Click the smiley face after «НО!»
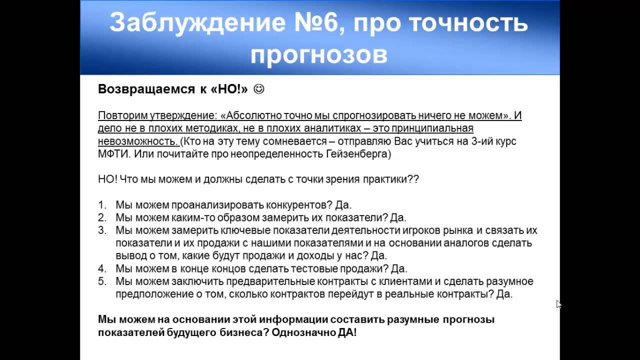click(259, 89)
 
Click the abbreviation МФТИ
click(114, 154)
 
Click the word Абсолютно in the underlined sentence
click(252, 115)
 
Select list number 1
click(102, 205)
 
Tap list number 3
click(102, 230)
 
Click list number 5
click(102, 281)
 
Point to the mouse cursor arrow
click(558, 303)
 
